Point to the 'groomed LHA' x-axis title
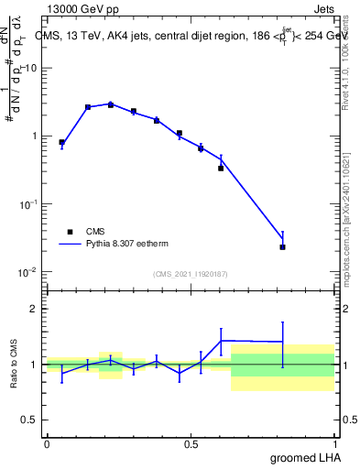303,457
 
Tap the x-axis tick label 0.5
191,443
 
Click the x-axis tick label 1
334,443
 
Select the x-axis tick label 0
47,443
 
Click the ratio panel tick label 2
34,309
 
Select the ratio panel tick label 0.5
29,420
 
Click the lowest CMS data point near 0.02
282,246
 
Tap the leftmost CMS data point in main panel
61,142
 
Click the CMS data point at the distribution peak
111,104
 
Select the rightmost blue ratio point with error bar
282,342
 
